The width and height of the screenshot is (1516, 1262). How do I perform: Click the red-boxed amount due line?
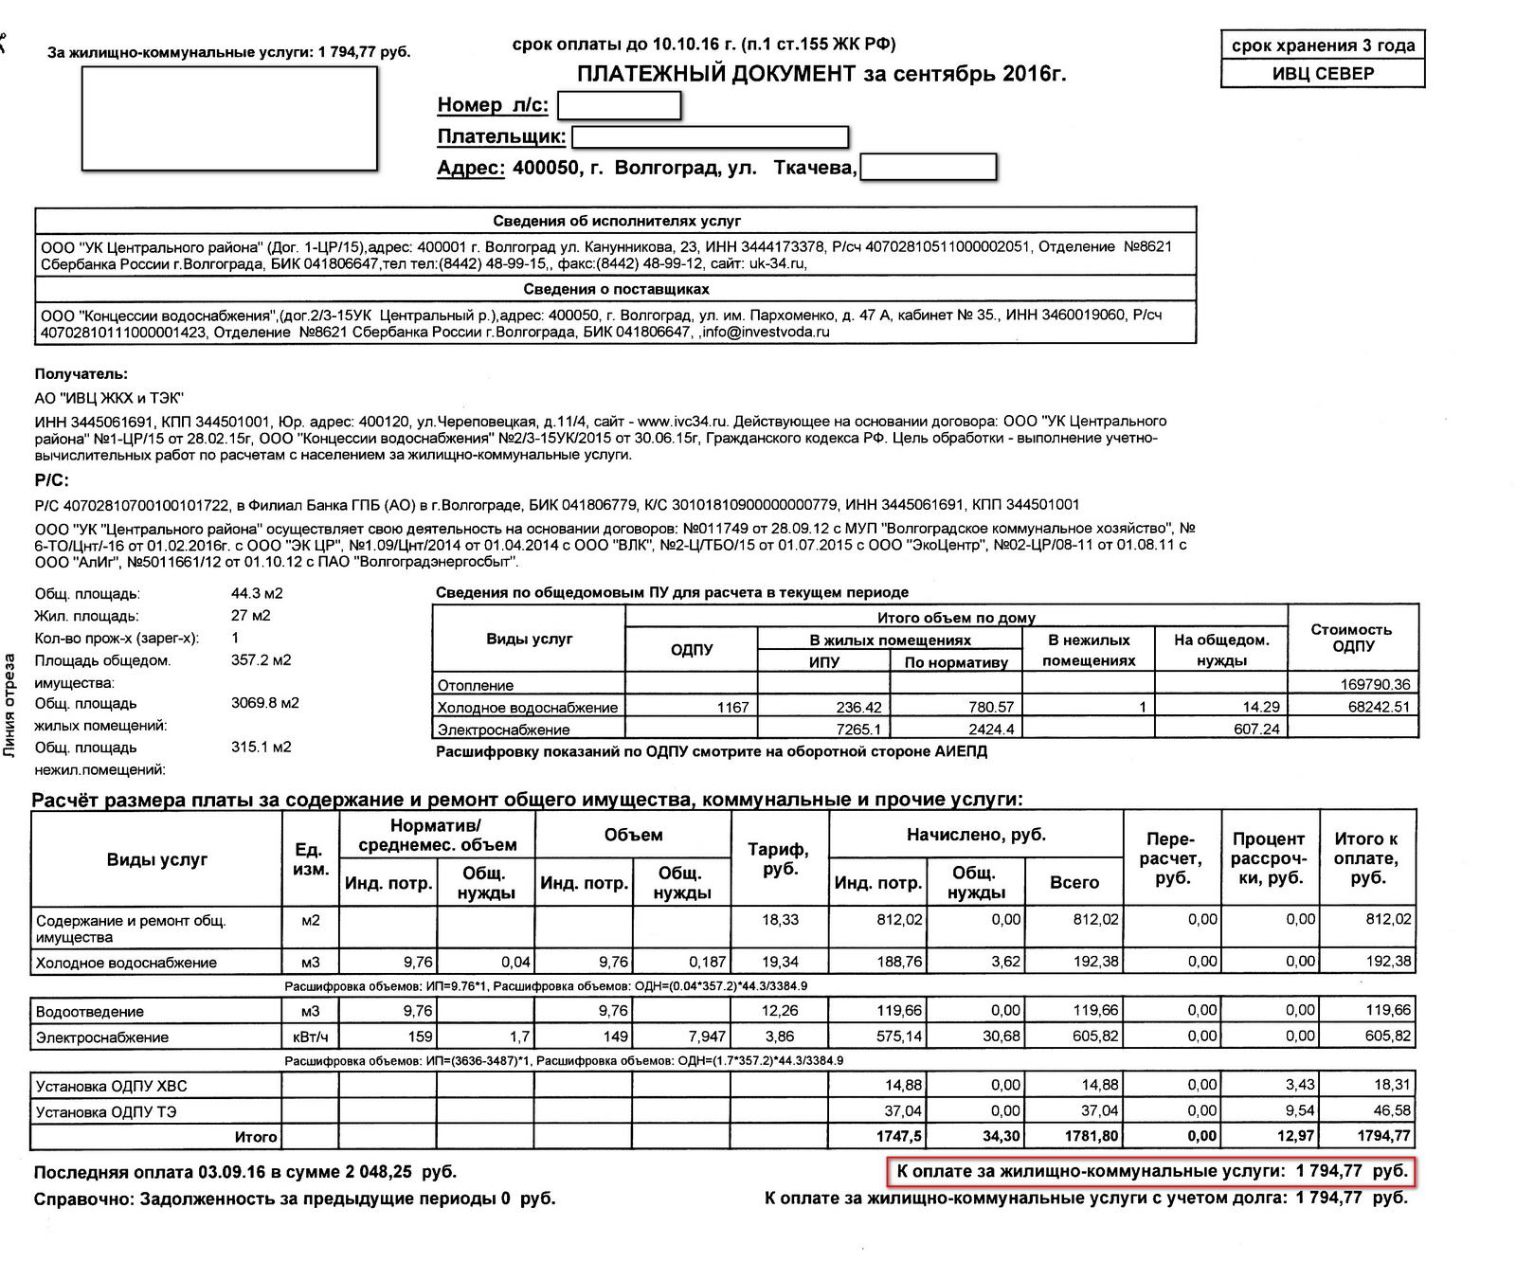click(1152, 1172)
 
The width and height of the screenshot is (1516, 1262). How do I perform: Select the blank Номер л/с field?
click(620, 105)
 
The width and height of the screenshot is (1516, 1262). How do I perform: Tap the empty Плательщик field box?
click(710, 137)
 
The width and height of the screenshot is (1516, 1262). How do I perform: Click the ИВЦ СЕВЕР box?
click(1323, 74)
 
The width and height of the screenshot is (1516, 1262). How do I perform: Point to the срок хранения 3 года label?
click(1323, 45)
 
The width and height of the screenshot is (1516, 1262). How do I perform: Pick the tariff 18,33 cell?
click(780, 920)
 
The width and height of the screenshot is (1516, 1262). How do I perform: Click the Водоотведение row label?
click(90, 1011)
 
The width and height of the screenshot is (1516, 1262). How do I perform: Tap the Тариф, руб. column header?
click(780, 858)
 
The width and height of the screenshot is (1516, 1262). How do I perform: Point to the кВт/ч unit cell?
click(310, 1037)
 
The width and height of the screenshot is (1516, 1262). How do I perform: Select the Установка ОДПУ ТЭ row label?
click(106, 1110)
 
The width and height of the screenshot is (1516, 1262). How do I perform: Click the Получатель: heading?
click(81, 374)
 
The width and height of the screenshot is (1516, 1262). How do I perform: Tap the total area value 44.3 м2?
click(257, 594)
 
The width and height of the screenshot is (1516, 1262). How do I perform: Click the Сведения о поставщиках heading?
click(616, 289)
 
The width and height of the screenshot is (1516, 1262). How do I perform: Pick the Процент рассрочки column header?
click(1269, 858)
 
